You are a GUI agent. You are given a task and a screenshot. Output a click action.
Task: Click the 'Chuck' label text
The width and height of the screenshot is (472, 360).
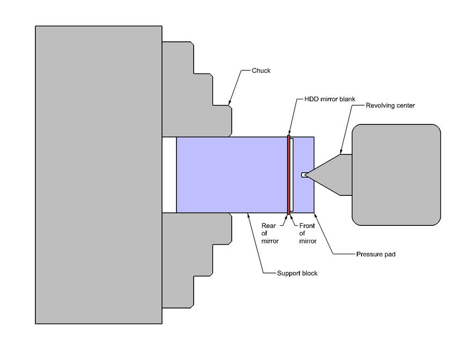261,70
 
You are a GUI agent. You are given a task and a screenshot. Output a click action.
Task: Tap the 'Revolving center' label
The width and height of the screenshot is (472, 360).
390,106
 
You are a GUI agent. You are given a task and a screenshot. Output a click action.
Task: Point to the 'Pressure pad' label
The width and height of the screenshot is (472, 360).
375,254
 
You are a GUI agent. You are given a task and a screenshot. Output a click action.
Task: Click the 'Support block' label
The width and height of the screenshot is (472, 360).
297,273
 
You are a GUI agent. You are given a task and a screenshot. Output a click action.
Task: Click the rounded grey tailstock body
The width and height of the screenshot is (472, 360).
396,174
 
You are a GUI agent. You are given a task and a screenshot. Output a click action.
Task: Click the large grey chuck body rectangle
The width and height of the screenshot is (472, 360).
99,174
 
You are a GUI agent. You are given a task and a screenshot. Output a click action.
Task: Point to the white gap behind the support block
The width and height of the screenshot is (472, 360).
169,174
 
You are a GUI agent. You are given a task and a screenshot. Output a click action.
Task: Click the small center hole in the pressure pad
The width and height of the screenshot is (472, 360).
304,174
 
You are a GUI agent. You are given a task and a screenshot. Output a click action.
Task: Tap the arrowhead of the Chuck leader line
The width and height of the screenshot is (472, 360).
230,104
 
